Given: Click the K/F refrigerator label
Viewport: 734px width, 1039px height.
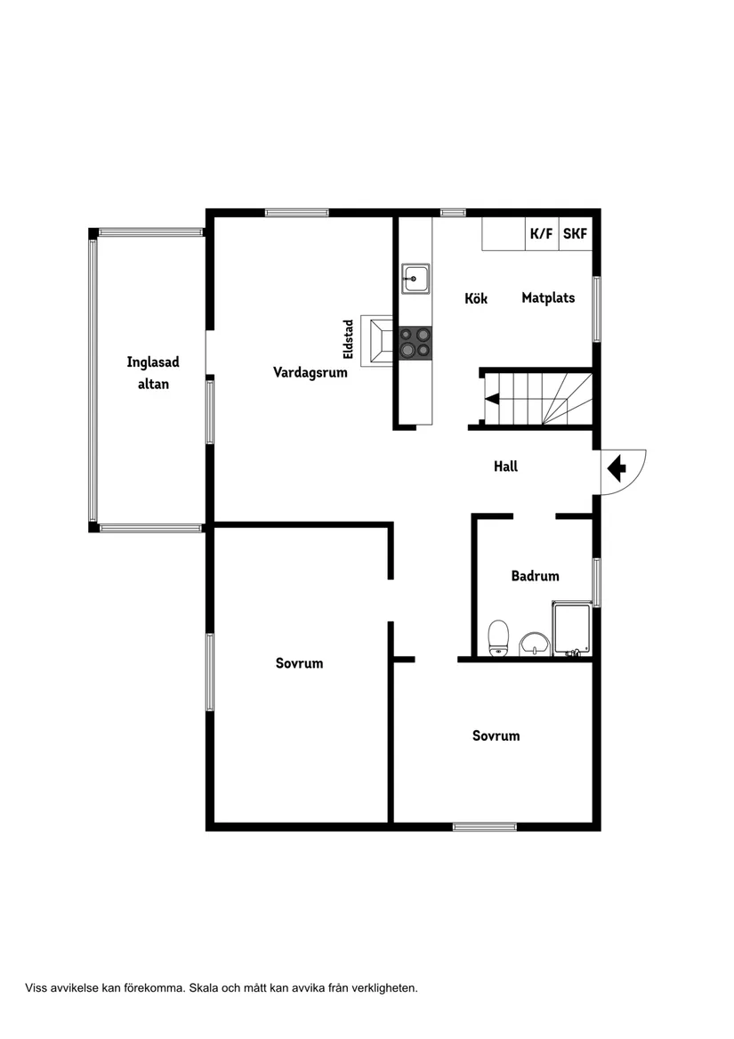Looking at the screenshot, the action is (541, 233).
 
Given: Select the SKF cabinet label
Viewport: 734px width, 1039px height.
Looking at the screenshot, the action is (575, 233).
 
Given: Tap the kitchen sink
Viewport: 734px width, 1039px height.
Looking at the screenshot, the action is (415, 279).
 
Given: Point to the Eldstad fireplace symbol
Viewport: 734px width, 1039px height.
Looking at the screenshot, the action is (377, 341).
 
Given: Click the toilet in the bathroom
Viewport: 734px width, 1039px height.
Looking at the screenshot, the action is (498, 638).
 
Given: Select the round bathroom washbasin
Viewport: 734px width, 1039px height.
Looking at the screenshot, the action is (534, 644).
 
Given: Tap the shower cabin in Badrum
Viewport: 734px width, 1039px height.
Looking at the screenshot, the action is (571, 629).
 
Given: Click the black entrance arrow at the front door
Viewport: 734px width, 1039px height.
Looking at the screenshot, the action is (617, 468).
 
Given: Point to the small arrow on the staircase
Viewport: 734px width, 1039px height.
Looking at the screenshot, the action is (492, 398).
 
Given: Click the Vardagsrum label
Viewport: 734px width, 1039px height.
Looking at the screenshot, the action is (310, 372).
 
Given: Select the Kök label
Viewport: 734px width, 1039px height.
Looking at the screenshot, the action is (476, 298).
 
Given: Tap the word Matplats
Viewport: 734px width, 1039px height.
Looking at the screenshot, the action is (548, 298).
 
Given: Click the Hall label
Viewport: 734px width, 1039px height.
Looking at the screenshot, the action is (505, 467).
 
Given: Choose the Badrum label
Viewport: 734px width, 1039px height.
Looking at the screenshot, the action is (535, 576).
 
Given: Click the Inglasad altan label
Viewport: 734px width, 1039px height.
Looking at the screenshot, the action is (153, 373).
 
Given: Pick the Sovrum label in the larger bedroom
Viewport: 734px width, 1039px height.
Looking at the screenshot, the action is (300, 663).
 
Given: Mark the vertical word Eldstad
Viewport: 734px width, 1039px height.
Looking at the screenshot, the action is (349, 340).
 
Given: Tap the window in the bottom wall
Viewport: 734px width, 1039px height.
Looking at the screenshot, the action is (484, 826).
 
